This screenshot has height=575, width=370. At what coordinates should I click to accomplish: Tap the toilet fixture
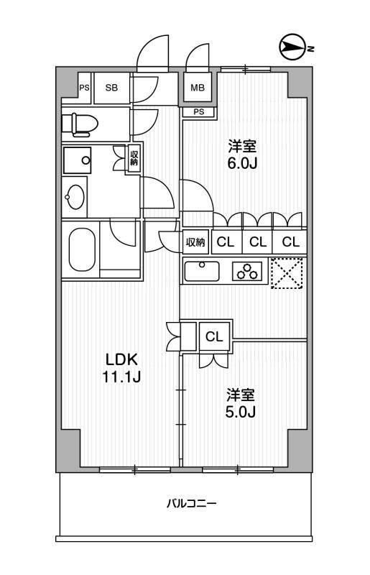point(80,124)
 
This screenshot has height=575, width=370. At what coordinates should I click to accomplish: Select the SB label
point(111,88)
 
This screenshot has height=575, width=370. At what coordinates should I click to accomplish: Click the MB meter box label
point(198,88)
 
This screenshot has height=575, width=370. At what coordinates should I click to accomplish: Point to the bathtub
point(82,249)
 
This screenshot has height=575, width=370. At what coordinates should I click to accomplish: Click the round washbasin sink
point(75,196)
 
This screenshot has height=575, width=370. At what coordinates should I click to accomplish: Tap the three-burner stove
point(246,271)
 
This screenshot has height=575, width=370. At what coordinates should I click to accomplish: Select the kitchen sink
point(201,271)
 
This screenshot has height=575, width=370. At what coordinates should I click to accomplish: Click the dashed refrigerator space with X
point(287,273)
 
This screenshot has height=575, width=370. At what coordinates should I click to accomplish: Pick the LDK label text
point(121,360)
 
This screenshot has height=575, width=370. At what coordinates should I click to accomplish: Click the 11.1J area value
point(121,377)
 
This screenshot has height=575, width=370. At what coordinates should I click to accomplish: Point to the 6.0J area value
point(242,163)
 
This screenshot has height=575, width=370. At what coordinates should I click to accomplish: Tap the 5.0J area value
point(240,412)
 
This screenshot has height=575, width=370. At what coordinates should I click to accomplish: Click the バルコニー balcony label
point(191,503)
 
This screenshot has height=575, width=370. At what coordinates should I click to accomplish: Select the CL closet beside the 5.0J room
point(214,336)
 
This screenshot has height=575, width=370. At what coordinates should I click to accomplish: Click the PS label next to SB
point(85,88)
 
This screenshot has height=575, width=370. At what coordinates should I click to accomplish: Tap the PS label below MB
point(198,112)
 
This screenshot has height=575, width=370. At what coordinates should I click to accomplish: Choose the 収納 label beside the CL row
point(196,242)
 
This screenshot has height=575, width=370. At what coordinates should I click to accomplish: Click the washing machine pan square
point(78,160)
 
